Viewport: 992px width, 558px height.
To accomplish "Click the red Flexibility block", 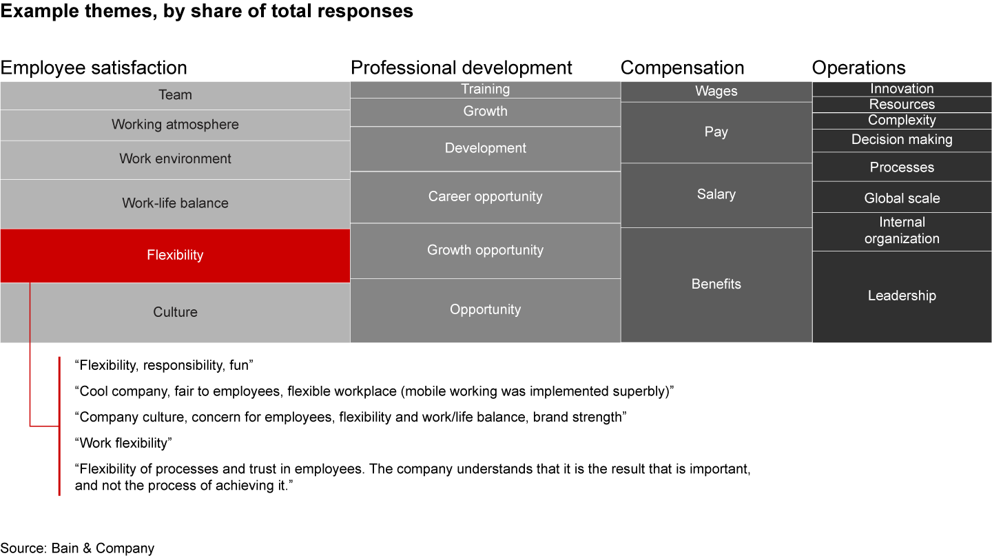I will point(175,256).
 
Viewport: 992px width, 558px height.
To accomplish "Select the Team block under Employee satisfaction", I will point(175,95).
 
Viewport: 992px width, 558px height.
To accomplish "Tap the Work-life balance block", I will point(175,203).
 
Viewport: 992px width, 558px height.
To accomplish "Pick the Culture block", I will point(175,312).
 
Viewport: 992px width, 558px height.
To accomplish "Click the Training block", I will point(485,90).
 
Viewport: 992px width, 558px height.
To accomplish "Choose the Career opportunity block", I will point(485,197).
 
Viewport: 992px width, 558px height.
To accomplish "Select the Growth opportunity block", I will point(485,250).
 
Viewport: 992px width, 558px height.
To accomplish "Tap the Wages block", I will point(716,92).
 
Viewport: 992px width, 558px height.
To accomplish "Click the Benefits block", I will point(716,284).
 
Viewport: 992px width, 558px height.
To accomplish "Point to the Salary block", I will point(716,195).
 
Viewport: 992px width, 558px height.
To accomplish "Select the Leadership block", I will point(902,296).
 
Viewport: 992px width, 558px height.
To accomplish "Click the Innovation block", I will point(902,89).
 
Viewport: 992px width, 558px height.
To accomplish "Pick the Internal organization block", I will point(902,231).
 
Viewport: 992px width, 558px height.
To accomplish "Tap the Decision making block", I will point(902,140).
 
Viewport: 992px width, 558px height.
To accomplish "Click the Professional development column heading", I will point(461,68).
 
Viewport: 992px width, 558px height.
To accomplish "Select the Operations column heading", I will point(858,68).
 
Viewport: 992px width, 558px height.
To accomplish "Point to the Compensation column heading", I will point(682,68).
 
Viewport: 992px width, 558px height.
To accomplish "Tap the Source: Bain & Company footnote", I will point(77,548).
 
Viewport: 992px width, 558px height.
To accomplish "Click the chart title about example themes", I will point(207,12).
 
